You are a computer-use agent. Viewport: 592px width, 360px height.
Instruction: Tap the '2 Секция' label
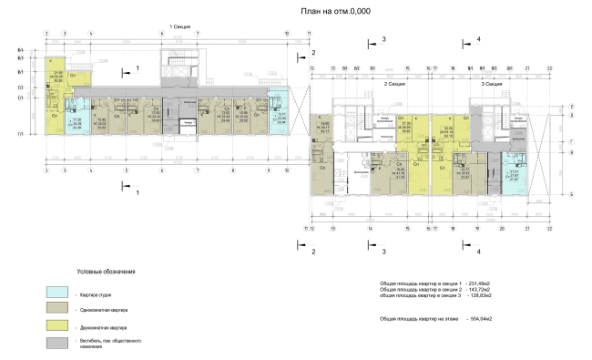pos(393,82)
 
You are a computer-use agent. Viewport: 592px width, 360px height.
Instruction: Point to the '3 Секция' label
pos(492,82)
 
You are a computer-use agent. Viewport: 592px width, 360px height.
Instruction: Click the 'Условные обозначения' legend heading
pos(106,271)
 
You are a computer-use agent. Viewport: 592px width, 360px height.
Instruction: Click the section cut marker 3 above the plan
pos(383,39)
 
